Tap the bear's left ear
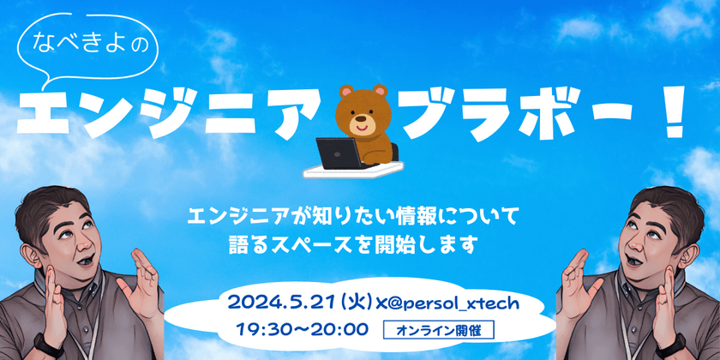tap(344, 93)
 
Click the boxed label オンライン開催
tap(440, 330)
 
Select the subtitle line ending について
tap(361, 212)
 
